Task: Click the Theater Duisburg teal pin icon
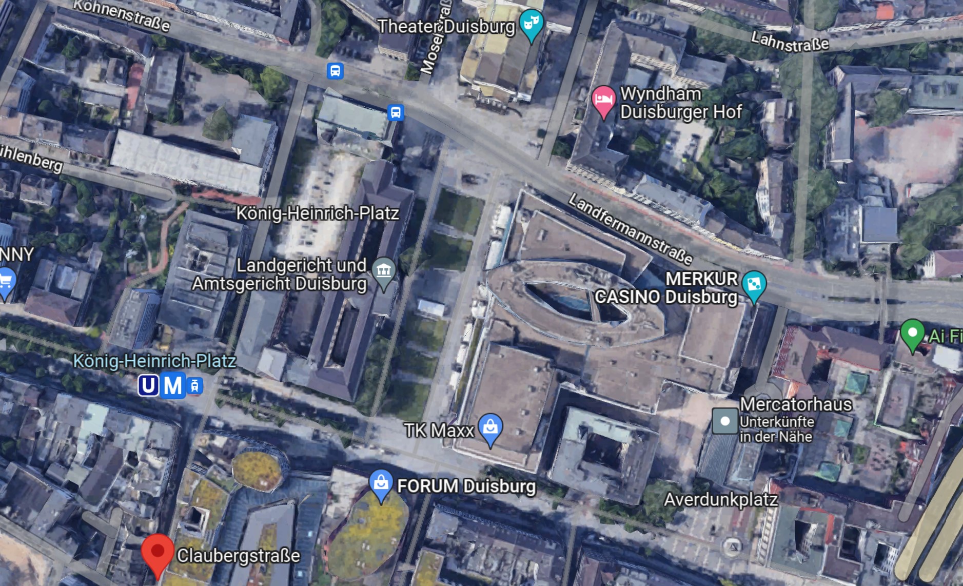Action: (x=531, y=24)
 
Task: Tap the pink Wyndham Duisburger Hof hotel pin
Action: (x=604, y=100)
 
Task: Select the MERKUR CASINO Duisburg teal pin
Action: (x=754, y=284)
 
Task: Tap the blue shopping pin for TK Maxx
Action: (x=490, y=427)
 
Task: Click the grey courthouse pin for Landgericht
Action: (x=384, y=270)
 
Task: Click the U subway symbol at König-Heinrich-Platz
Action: (x=148, y=385)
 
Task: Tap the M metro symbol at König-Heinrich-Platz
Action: (x=172, y=385)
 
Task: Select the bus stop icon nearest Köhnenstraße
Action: (x=335, y=71)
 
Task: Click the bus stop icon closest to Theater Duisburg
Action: (x=396, y=112)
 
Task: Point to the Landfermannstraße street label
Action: (x=631, y=228)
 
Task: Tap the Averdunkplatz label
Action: (x=721, y=499)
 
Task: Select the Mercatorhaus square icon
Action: (x=724, y=421)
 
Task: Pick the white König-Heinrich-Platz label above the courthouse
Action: (x=317, y=213)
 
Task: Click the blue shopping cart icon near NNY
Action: (x=6, y=282)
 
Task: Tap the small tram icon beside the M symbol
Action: (x=195, y=386)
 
